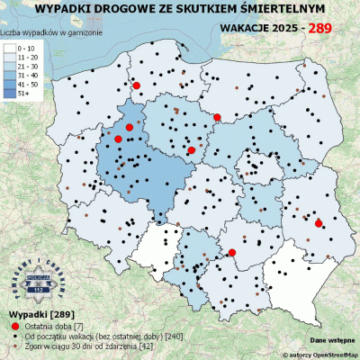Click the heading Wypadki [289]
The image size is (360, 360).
tap(33, 312)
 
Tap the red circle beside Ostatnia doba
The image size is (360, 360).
tap(14, 324)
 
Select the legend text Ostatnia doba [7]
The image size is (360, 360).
tap(55, 324)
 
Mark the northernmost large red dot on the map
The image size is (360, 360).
tap(137, 85)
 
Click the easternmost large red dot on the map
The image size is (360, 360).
tap(318, 222)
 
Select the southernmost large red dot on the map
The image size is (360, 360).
tap(231, 253)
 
